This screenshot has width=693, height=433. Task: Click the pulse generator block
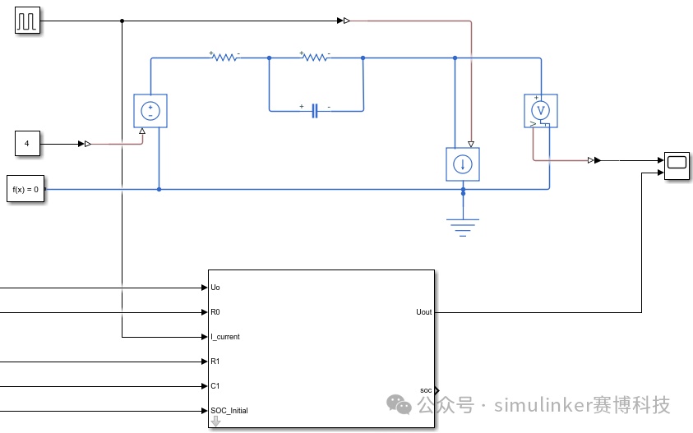click(27, 21)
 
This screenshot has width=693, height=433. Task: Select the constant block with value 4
click(27, 144)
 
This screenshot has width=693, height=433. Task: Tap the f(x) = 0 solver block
click(25, 189)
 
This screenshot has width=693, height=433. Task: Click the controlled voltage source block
click(150, 111)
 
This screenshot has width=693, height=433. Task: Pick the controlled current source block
click(463, 164)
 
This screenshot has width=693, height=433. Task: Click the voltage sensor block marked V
click(541, 111)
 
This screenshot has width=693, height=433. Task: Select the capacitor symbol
click(315, 110)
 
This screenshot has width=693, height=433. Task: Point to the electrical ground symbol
click(463, 227)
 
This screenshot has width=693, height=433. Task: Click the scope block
click(677, 166)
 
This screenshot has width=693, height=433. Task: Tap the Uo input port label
click(215, 288)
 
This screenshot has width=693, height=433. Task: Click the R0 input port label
click(215, 312)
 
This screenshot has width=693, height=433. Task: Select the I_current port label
click(225, 337)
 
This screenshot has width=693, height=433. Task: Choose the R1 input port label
click(215, 362)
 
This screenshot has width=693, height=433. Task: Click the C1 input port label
click(215, 386)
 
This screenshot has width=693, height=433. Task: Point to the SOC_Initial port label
click(229, 411)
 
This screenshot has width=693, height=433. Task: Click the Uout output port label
click(424, 312)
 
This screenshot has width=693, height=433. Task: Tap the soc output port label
click(426, 390)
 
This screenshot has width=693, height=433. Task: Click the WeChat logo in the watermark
click(399, 404)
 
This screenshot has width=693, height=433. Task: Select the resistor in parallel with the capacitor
click(316, 57)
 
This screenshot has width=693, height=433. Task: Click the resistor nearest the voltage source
click(224, 57)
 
